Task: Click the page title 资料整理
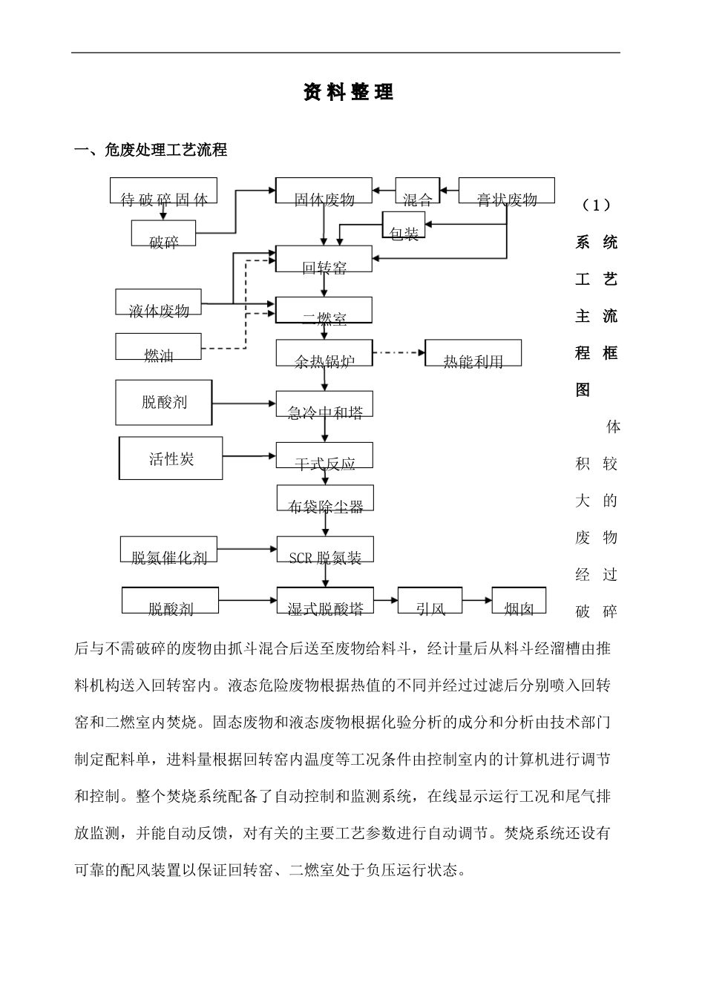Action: tap(348, 93)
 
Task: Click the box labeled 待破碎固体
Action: tap(163, 191)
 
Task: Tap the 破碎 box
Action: tap(163, 234)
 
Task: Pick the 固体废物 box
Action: tap(324, 191)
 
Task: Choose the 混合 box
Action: tap(417, 191)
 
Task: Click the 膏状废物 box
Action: tap(506, 191)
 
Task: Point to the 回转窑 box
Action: tap(324, 259)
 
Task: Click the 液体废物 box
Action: tap(159, 303)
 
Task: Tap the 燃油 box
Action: tap(159, 347)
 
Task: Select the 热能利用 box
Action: tap(473, 353)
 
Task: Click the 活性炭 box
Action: tap(171, 458)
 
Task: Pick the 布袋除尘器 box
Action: tap(324, 498)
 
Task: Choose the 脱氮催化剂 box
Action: tap(169, 550)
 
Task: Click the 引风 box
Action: tap(430, 600)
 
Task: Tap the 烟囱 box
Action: tap(519, 600)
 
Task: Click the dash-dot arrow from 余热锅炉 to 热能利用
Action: tap(399, 352)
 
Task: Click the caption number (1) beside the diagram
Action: tap(596, 204)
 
